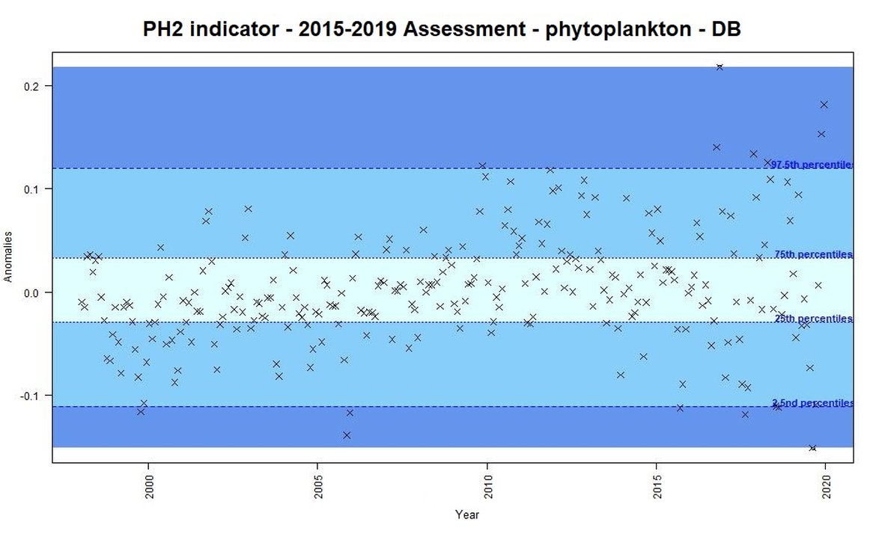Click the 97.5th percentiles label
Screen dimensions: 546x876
[812, 165]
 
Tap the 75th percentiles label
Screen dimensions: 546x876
[813, 254]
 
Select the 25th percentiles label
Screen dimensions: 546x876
[813, 319]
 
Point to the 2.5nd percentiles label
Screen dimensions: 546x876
[812, 403]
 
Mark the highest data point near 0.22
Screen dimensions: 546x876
[720, 67]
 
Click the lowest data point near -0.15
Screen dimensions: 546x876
[812, 448]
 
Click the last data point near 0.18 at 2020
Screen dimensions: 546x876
[824, 104]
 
